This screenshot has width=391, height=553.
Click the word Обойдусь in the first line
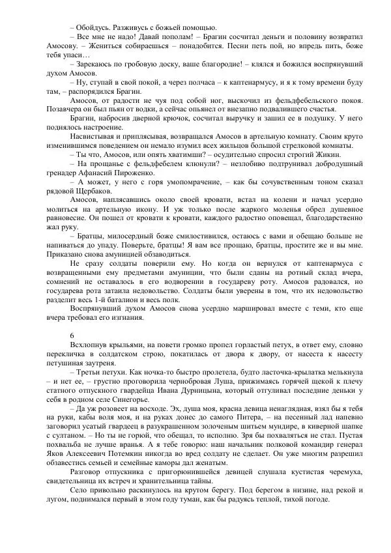click(x=92, y=27)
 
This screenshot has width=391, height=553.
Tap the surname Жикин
click(x=324, y=156)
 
